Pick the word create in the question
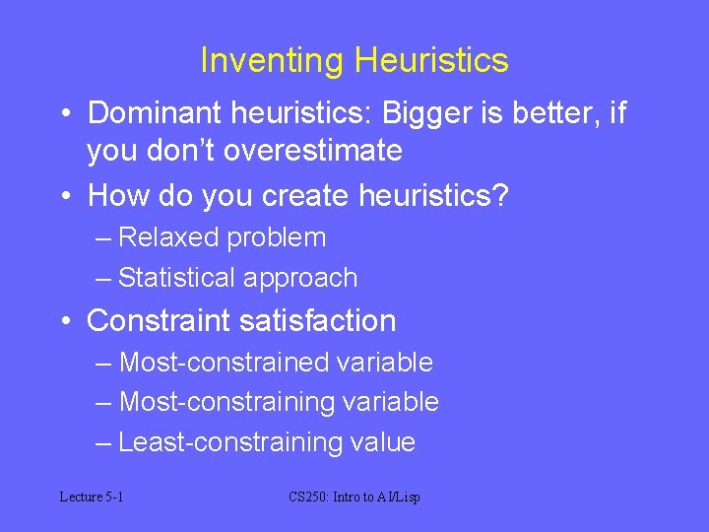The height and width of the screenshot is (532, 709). pos(304,196)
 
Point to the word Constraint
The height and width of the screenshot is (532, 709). pos(161,321)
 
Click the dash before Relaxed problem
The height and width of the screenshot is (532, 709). pos(103,238)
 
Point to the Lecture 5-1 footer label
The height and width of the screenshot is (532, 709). pos(91,498)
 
